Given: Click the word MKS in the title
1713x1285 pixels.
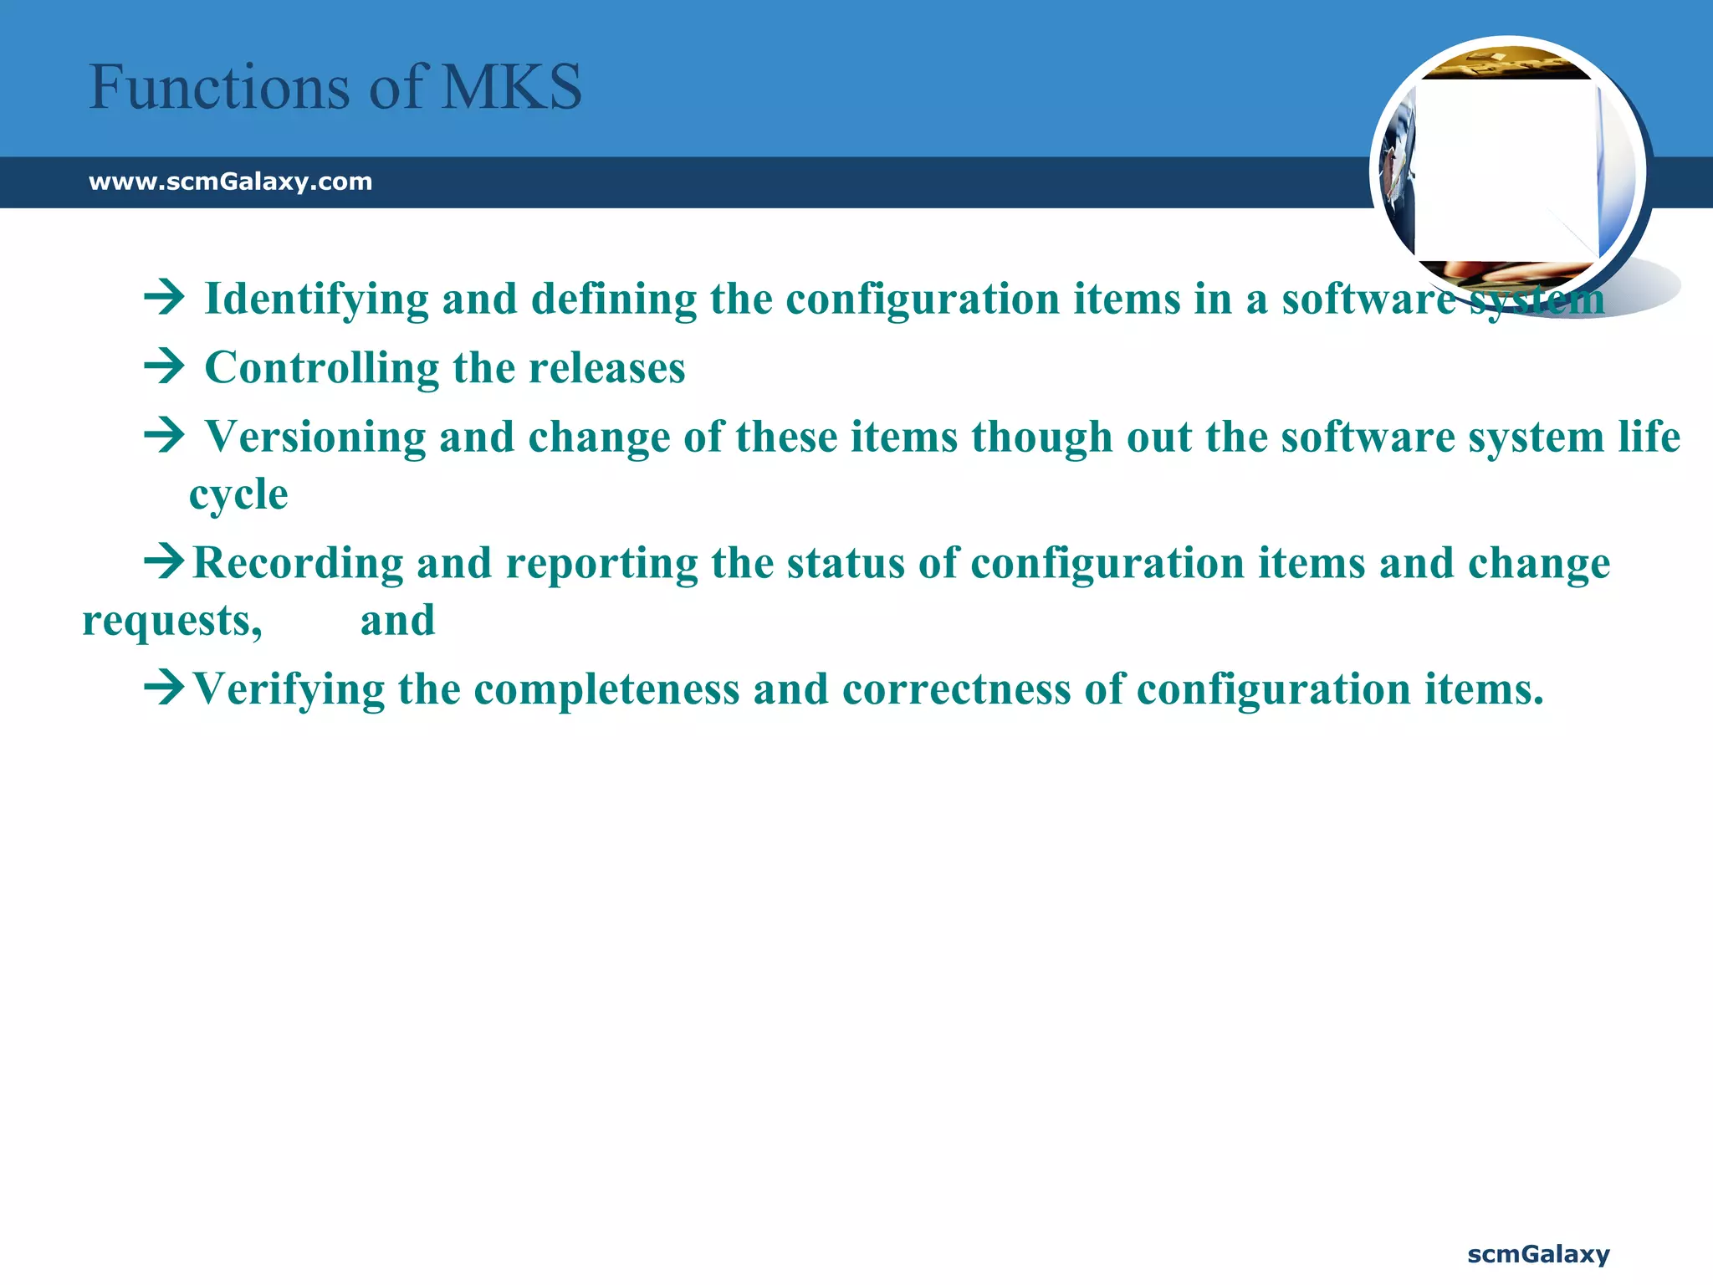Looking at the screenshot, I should click(511, 87).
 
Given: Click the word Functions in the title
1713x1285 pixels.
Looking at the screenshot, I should click(220, 87).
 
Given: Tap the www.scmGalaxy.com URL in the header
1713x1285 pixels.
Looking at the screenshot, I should click(230, 182).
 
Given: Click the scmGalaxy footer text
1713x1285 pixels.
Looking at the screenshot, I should click(1538, 1254).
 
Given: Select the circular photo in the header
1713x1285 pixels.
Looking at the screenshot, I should click(1507, 172).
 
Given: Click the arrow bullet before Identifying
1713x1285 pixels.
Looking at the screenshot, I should click(164, 298).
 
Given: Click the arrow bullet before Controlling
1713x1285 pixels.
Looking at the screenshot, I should click(164, 367).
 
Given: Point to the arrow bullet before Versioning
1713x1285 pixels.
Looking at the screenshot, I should click(164, 436).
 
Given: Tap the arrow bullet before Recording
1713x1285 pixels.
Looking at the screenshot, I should click(164, 561).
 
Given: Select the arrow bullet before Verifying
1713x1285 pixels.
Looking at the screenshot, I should click(164, 689).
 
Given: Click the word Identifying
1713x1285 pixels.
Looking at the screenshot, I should click(316, 299).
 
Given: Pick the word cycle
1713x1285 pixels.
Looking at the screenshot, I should click(238, 495).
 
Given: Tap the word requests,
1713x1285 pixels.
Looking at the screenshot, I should click(172, 622).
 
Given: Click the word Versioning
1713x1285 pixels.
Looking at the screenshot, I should click(315, 438).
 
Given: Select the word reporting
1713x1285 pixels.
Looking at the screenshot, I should click(601, 565).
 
